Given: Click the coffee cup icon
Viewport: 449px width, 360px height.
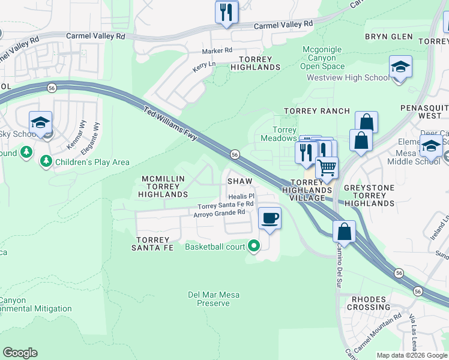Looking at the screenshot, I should coord(270,218).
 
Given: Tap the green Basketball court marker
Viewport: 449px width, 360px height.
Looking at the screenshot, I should coord(255,246).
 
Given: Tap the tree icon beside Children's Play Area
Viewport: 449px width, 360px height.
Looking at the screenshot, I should coord(46,161).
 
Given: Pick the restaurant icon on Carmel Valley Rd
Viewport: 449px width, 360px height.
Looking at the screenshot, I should coord(226,12).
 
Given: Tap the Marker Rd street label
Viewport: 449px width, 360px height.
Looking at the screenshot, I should coord(217,51).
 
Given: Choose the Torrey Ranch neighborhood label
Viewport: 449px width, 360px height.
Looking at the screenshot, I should coord(316,111).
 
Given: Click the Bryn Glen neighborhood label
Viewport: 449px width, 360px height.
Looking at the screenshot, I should coord(389,37).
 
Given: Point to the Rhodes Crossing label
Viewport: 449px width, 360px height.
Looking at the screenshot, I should coord(372,303).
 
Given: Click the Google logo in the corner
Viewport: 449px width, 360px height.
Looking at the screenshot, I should coord(20,353).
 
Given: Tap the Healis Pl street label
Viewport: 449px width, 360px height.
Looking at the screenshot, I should coord(242,196).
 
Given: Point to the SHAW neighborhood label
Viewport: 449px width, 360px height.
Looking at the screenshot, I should coord(239,181).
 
